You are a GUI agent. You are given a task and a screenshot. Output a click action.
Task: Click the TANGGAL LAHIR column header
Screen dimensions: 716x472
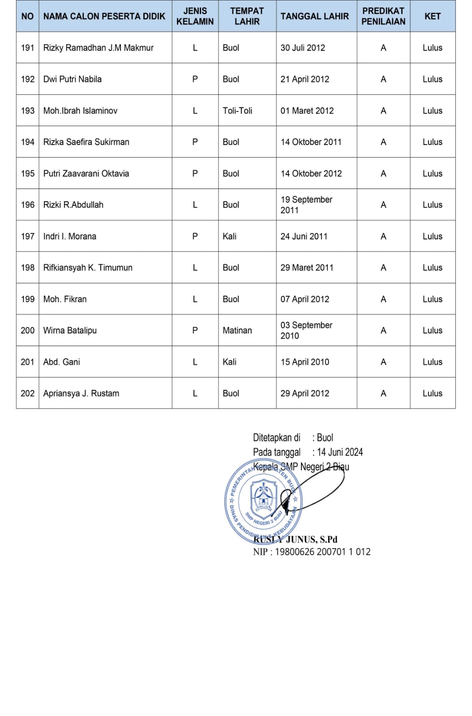[314, 16]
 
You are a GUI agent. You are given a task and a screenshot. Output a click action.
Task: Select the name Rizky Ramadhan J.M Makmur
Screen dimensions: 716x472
[98, 47]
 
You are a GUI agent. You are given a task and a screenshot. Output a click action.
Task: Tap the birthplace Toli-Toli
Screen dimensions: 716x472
[237, 111]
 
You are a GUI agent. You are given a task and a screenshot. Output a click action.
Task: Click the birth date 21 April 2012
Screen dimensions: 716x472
[305, 79]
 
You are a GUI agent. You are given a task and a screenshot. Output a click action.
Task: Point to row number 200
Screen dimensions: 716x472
[27, 330]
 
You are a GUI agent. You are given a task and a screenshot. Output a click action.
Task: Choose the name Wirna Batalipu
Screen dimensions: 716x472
[70, 330]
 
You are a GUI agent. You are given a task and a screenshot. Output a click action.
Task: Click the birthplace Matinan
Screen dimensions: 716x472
[237, 330]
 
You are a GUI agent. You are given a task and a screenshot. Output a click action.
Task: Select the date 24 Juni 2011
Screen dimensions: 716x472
[304, 236]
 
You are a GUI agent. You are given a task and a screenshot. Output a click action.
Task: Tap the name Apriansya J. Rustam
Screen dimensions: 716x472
[81, 393]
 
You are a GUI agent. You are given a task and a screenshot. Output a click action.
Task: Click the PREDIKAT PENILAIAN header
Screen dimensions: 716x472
[383, 16]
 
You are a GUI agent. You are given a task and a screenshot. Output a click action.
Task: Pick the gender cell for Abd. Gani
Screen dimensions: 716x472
[195, 362]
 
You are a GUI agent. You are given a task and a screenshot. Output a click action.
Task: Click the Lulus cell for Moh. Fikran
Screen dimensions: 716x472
[432, 299]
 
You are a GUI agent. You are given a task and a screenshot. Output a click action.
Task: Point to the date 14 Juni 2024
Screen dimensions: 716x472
[339, 452]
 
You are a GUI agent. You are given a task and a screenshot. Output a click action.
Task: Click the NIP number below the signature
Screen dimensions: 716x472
[312, 552]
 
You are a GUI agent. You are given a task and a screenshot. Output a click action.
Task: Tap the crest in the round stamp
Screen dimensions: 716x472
[263, 496]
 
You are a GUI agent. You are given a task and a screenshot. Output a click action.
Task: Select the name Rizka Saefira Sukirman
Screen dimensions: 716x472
[86, 142]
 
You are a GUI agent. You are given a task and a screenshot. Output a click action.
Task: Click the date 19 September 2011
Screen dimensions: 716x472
[306, 205]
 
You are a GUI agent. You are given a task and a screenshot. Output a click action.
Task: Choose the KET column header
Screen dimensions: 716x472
[432, 16]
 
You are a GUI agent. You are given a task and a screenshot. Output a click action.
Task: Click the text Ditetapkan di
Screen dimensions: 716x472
[276, 438]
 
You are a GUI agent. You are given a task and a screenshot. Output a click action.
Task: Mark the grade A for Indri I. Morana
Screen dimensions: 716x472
[383, 236]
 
